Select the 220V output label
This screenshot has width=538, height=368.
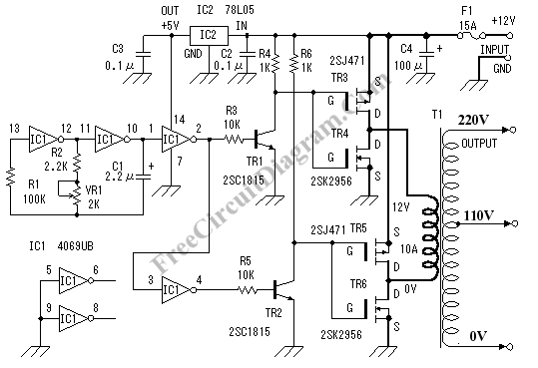472,121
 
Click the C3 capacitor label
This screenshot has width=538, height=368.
118,48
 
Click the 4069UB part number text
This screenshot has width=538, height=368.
69,245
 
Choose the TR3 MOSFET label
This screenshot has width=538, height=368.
337,78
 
